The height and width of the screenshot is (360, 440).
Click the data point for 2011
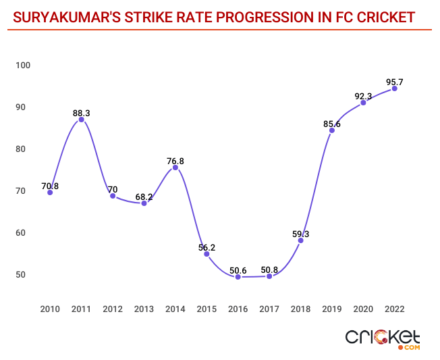[x=82, y=120]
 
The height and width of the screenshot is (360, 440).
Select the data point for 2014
[x=175, y=168]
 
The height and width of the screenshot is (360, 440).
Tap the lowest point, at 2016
[x=238, y=277]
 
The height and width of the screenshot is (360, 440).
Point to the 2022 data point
[x=395, y=88]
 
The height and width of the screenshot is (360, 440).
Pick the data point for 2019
[x=332, y=130]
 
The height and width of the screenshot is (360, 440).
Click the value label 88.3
[x=81, y=113]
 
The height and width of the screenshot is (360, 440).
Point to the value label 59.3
[x=300, y=234]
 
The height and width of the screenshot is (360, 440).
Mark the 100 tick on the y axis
[x=24, y=65]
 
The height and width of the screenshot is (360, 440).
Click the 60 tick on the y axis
[x=21, y=232]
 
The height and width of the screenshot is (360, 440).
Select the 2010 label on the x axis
[x=50, y=309]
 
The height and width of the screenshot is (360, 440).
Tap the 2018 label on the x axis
[x=301, y=309]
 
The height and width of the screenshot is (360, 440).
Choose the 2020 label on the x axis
[x=363, y=309]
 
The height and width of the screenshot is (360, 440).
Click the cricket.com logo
[x=383, y=339]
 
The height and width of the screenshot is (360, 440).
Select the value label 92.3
[x=364, y=96]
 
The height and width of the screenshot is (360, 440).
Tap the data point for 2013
[x=144, y=203]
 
